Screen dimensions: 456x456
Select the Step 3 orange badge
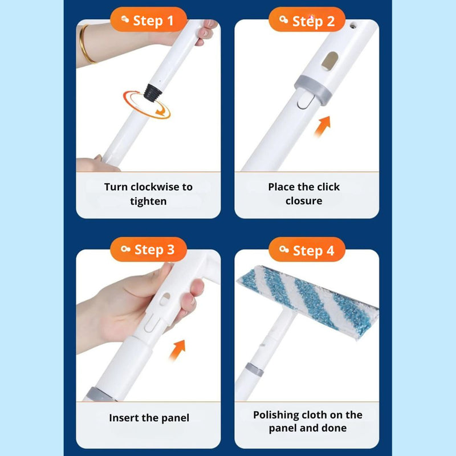click(x=148, y=249)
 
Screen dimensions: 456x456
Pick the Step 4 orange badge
click(x=307, y=249)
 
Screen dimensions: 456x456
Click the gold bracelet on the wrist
click(x=85, y=44)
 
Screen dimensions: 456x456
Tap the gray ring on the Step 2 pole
click(x=313, y=90)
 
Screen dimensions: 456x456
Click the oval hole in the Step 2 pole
click(x=330, y=61)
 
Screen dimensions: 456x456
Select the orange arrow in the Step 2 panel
click(x=323, y=126)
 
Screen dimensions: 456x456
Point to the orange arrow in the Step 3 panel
click(x=177, y=350)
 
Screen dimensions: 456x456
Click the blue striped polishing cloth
click(x=308, y=302)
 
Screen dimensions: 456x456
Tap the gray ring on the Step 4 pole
click(x=254, y=369)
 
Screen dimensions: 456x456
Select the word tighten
click(x=148, y=201)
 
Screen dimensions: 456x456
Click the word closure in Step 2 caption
click(x=304, y=201)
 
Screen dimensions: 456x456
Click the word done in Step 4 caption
click(x=335, y=428)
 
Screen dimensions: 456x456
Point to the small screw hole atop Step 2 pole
click(x=353, y=26)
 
